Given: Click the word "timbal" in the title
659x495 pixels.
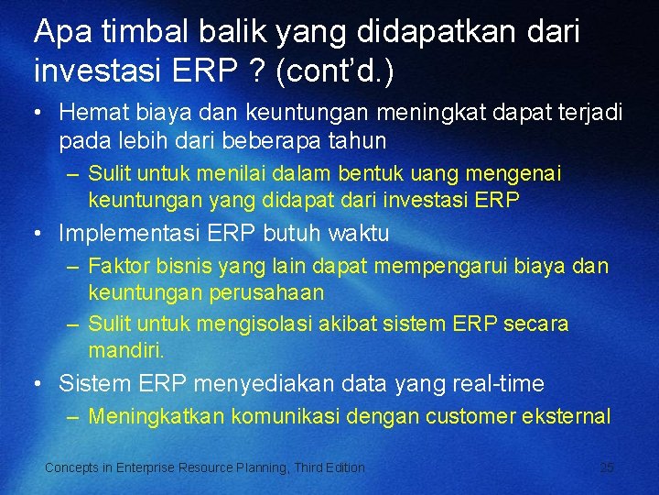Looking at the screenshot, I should coord(128,32).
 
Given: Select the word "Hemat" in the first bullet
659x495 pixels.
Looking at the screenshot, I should coord(90,113).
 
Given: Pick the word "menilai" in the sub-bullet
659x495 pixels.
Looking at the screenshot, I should coord(238,173).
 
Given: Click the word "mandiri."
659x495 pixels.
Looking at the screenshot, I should coord(126,350).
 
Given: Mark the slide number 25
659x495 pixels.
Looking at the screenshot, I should coord(607,467).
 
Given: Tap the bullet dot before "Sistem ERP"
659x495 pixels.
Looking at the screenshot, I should coord(38,383).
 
